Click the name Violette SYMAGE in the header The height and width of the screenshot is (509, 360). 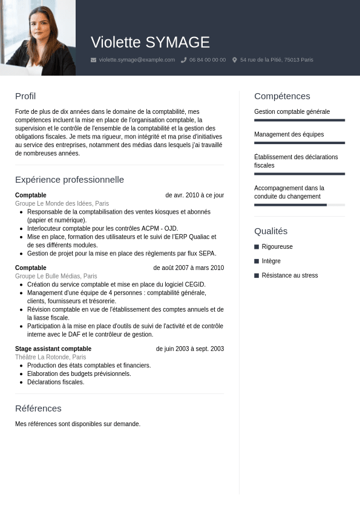point(150,42)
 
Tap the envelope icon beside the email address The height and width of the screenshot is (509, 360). point(93,60)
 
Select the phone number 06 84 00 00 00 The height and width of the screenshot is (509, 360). point(208,60)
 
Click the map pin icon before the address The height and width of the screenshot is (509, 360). point(235,60)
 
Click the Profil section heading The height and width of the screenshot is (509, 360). point(25,96)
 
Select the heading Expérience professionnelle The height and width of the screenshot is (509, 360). point(70,180)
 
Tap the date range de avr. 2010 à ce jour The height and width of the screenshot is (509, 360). point(194,195)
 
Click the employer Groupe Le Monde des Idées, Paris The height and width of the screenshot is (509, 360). point(62,204)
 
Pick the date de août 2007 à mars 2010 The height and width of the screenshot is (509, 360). point(188,268)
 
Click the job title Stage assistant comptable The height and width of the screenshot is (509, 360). point(53,349)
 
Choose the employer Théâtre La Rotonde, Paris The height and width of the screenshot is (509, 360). point(50,357)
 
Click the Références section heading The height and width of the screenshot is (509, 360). point(38,409)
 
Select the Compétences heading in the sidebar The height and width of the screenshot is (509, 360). point(282,96)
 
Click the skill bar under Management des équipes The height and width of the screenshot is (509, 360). point(299,143)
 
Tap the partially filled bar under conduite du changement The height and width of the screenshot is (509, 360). point(290,205)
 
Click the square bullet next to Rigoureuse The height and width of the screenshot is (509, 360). point(257,247)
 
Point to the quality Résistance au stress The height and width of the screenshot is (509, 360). point(289,275)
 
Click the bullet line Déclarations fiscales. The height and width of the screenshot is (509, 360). point(56,383)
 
